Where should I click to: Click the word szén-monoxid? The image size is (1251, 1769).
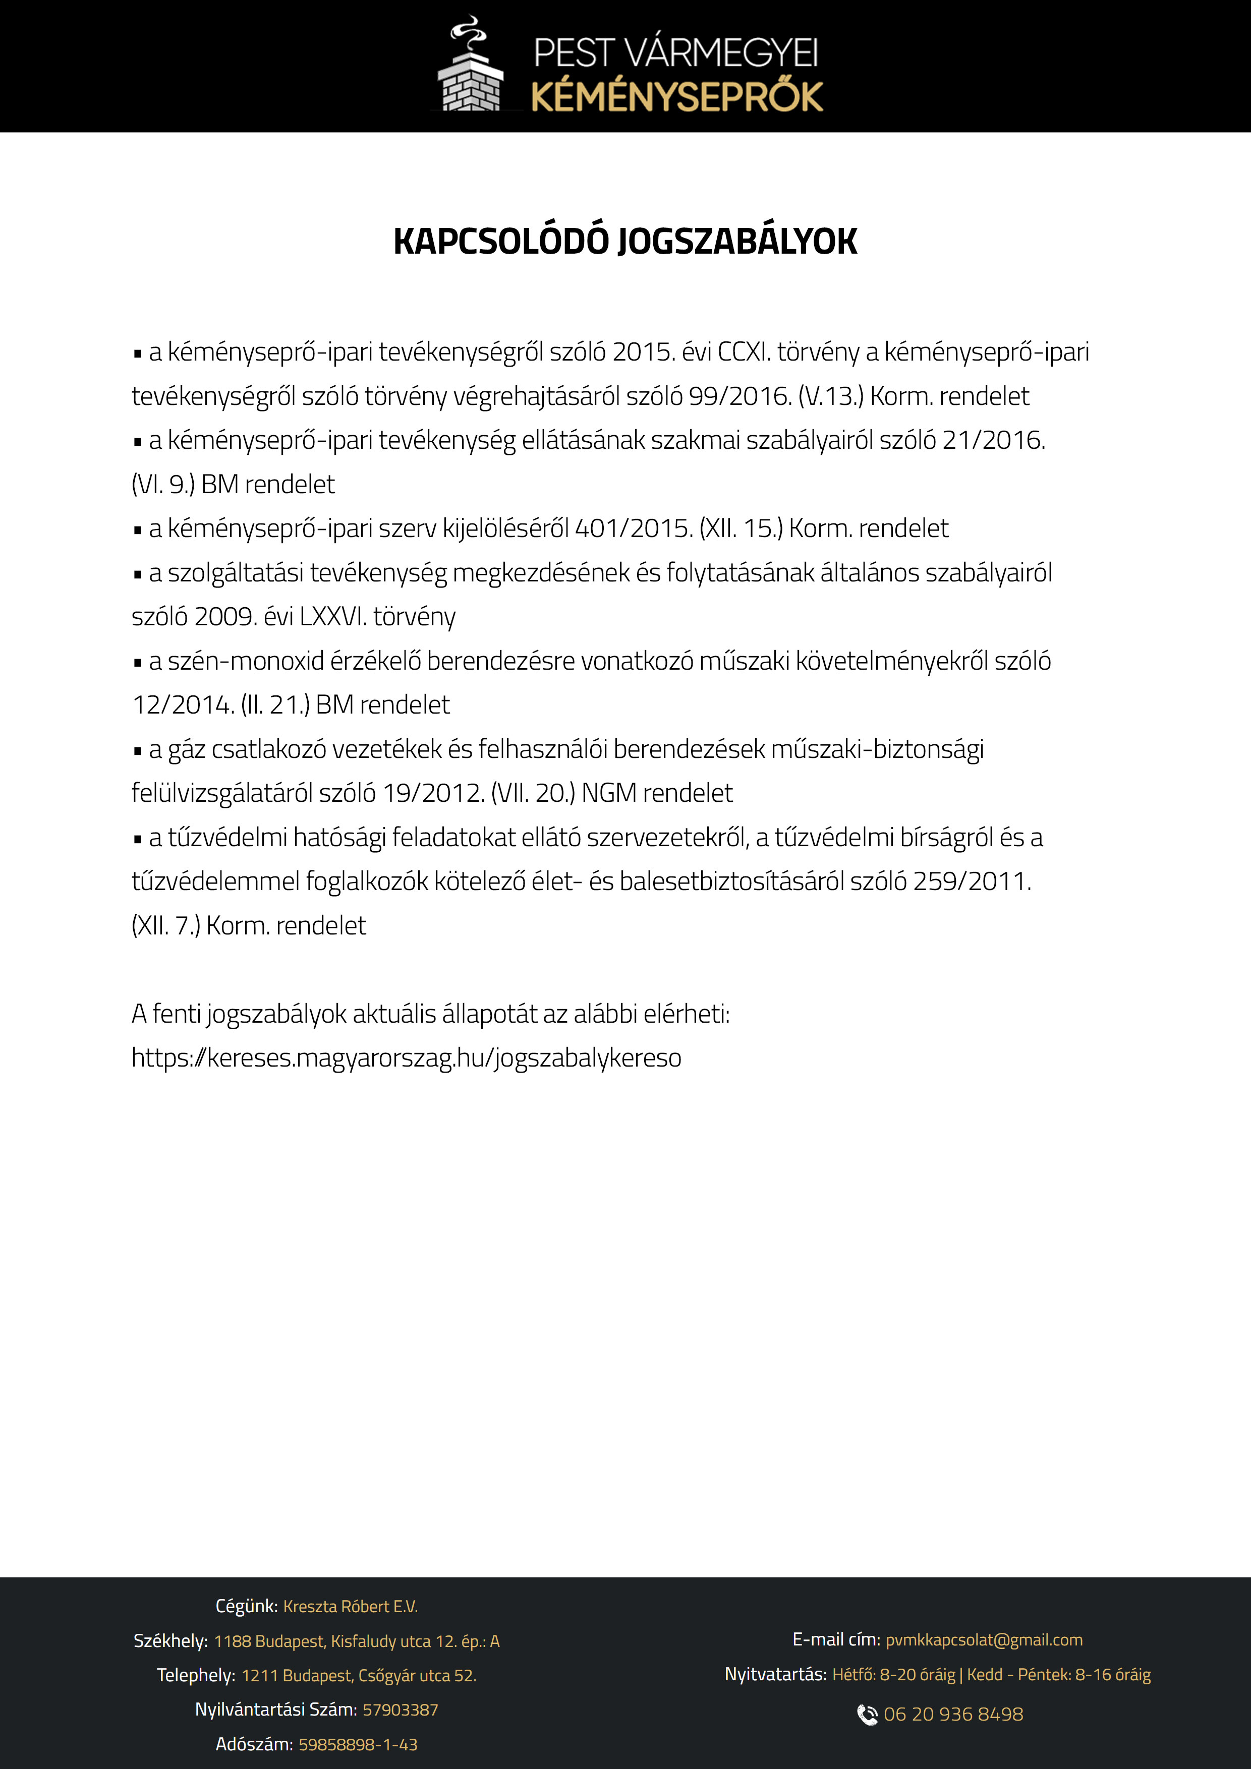[246, 661]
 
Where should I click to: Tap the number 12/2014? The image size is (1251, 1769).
[183, 705]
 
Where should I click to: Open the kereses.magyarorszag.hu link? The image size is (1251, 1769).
[406, 1058]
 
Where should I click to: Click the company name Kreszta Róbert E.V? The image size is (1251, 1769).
[350, 1607]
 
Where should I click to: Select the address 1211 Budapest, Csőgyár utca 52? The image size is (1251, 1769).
[359, 1675]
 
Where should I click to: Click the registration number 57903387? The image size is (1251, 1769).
[400, 1709]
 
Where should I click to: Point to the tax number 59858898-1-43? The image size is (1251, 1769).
[358, 1744]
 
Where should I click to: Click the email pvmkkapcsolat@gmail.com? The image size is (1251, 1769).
[984, 1639]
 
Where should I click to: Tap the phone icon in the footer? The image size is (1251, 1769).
[867, 1715]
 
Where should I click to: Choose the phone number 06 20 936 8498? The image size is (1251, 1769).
[953, 1715]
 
